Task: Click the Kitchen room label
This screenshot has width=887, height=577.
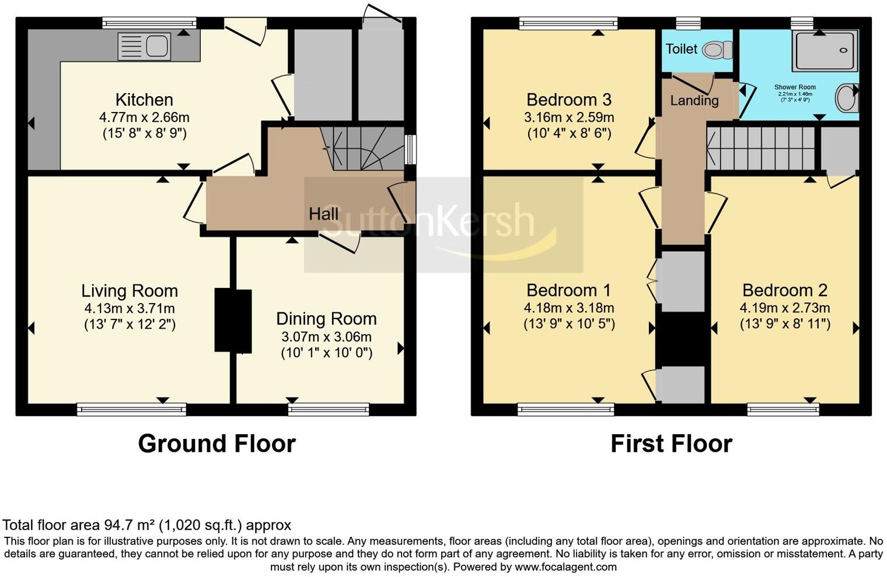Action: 144,100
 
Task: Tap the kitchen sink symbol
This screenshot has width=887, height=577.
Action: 144,47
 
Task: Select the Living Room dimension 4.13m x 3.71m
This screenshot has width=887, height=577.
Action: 129,308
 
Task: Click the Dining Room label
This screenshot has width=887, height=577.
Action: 326,319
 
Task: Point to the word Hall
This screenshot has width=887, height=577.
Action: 323,214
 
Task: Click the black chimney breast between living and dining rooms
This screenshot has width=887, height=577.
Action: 233,320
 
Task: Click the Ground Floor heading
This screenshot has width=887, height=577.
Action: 216,444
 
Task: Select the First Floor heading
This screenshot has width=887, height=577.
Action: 671,444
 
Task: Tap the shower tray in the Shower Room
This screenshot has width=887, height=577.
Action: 825,51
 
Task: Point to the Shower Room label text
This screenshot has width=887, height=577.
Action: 795,87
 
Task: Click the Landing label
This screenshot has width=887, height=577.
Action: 694,100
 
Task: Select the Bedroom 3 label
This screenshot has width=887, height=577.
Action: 568,100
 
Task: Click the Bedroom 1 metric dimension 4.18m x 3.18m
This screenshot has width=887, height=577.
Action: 568,308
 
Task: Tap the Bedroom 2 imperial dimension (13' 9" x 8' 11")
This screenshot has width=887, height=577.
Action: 785,323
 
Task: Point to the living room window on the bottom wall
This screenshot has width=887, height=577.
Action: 131,409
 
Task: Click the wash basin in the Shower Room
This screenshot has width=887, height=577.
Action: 846,98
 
